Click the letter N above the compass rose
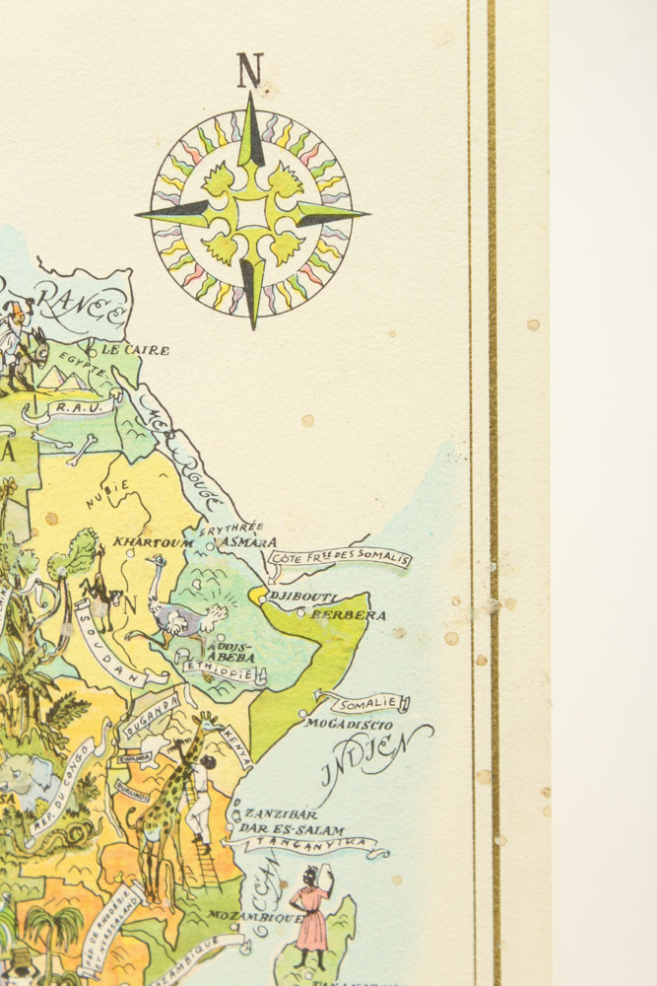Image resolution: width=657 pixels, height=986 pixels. coord(250,71)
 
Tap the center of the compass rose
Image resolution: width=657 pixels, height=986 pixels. coord(252,212)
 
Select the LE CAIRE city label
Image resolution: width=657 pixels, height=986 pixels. coord(134,350)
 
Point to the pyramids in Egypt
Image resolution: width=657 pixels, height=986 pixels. coord(62,378)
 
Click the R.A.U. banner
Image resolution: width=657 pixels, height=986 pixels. coord(72,406)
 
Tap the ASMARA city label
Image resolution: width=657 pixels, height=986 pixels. coord(250,542)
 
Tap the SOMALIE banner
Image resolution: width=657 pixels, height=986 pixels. coord(368,704)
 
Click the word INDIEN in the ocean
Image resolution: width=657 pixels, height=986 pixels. coord(375,757)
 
